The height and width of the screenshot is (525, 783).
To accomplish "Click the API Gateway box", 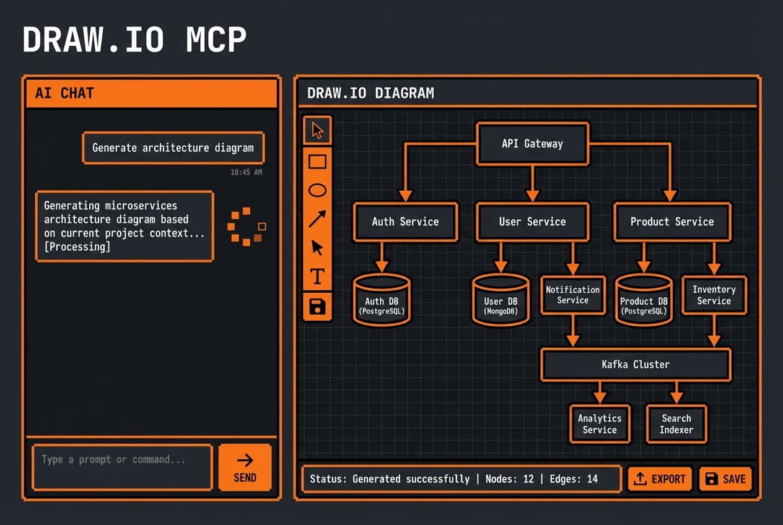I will click(532, 144).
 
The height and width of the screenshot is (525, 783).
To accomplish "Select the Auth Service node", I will click(405, 222).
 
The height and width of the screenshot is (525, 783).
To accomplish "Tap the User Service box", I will click(532, 222).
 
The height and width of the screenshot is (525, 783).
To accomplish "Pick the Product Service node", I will click(672, 222).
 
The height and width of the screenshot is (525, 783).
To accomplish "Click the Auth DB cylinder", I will click(381, 301).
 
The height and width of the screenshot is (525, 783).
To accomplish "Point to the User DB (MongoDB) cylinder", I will click(501, 301).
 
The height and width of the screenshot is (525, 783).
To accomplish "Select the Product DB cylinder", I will click(644, 301).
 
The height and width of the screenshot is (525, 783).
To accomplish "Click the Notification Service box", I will click(572, 295).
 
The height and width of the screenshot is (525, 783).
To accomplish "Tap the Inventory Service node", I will click(714, 295).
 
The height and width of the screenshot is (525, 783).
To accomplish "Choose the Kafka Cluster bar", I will click(636, 365).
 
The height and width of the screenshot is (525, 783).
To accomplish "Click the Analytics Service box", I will click(600, 424).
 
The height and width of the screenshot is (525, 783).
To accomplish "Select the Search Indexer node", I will click(676, 424).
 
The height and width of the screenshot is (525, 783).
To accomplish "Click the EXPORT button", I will click(660, 479).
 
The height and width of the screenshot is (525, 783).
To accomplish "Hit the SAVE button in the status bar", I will click(725, 479).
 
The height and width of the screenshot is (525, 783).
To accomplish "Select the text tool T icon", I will click(317, 276).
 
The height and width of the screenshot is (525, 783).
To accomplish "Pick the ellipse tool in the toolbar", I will click(317, 190).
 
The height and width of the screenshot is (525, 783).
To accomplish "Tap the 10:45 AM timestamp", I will click(246, 172).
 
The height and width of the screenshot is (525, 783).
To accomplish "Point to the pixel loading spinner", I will click(247, 227).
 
